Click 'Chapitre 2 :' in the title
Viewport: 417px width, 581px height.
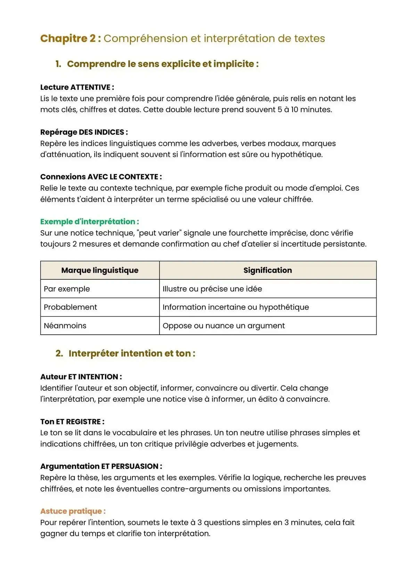click(71, 38)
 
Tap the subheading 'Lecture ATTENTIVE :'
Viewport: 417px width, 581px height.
click(77, 87)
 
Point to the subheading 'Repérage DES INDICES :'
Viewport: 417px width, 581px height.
click(84, 132)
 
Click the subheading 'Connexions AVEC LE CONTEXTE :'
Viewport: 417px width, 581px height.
click(101, 177)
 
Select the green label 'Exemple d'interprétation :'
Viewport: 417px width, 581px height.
click(89, 222)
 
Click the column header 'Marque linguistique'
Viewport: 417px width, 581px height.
click(100, 270)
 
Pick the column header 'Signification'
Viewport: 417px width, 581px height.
click(268, 270)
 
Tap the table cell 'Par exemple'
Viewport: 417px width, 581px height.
click(67, 289)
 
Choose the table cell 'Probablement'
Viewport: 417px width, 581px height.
click(70, 307)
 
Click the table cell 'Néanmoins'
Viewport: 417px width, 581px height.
click(65, 326)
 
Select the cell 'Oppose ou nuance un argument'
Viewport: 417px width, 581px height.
click(223, 326)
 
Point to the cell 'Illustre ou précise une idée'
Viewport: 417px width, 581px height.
click(212, 289)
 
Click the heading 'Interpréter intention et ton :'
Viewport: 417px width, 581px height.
click(132, 353)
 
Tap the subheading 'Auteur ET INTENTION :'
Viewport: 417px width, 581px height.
click(81, 377)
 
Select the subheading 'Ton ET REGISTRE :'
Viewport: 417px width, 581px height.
click(72, 422)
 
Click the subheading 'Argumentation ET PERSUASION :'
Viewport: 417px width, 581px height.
click(101, 466)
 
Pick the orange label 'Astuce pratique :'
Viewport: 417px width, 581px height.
click(73, 511)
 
